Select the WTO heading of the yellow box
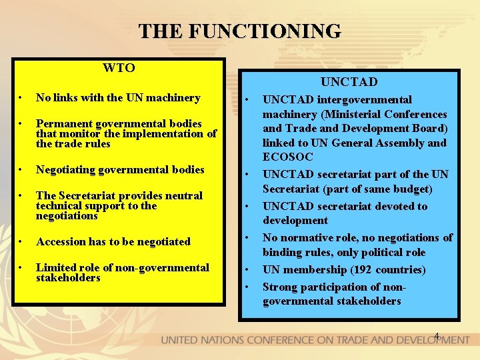[119, 68]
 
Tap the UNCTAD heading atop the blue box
[349, 82]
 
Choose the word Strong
[280, 287]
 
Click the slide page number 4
[437, 335]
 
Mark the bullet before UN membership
[246, 269]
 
